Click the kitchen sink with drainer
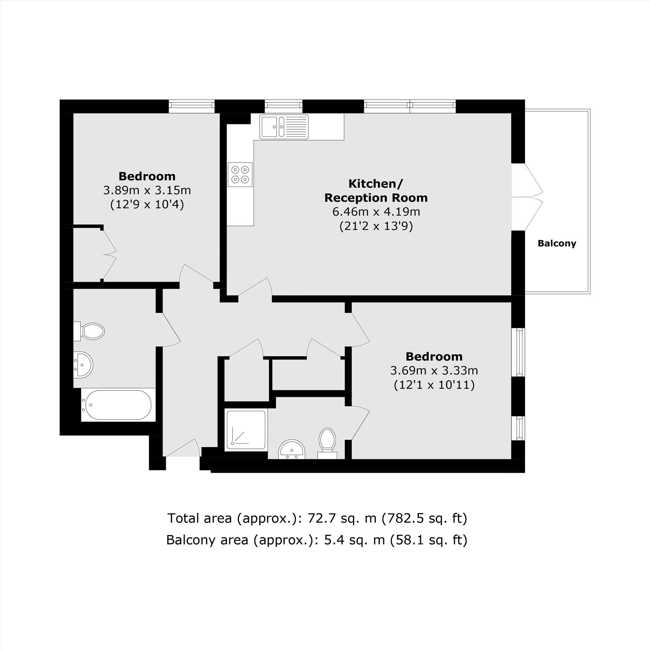[x=284, y=127]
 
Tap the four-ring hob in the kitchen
[x=240, y=174]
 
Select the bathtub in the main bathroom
[x=118, y=405]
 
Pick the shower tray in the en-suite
[x=246, y=430]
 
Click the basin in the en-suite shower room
[x=292, y=449]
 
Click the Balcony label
[x=557, y=243]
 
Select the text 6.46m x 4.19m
[x=376, y=212]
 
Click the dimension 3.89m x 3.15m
[x=147, y=190]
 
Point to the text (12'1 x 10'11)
[x=434, y=384]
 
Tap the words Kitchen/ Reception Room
[x=376, y=191]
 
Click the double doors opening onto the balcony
[x=526, y=197]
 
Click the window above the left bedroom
[x=191, y=106]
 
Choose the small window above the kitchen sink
[x=283, y=106]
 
